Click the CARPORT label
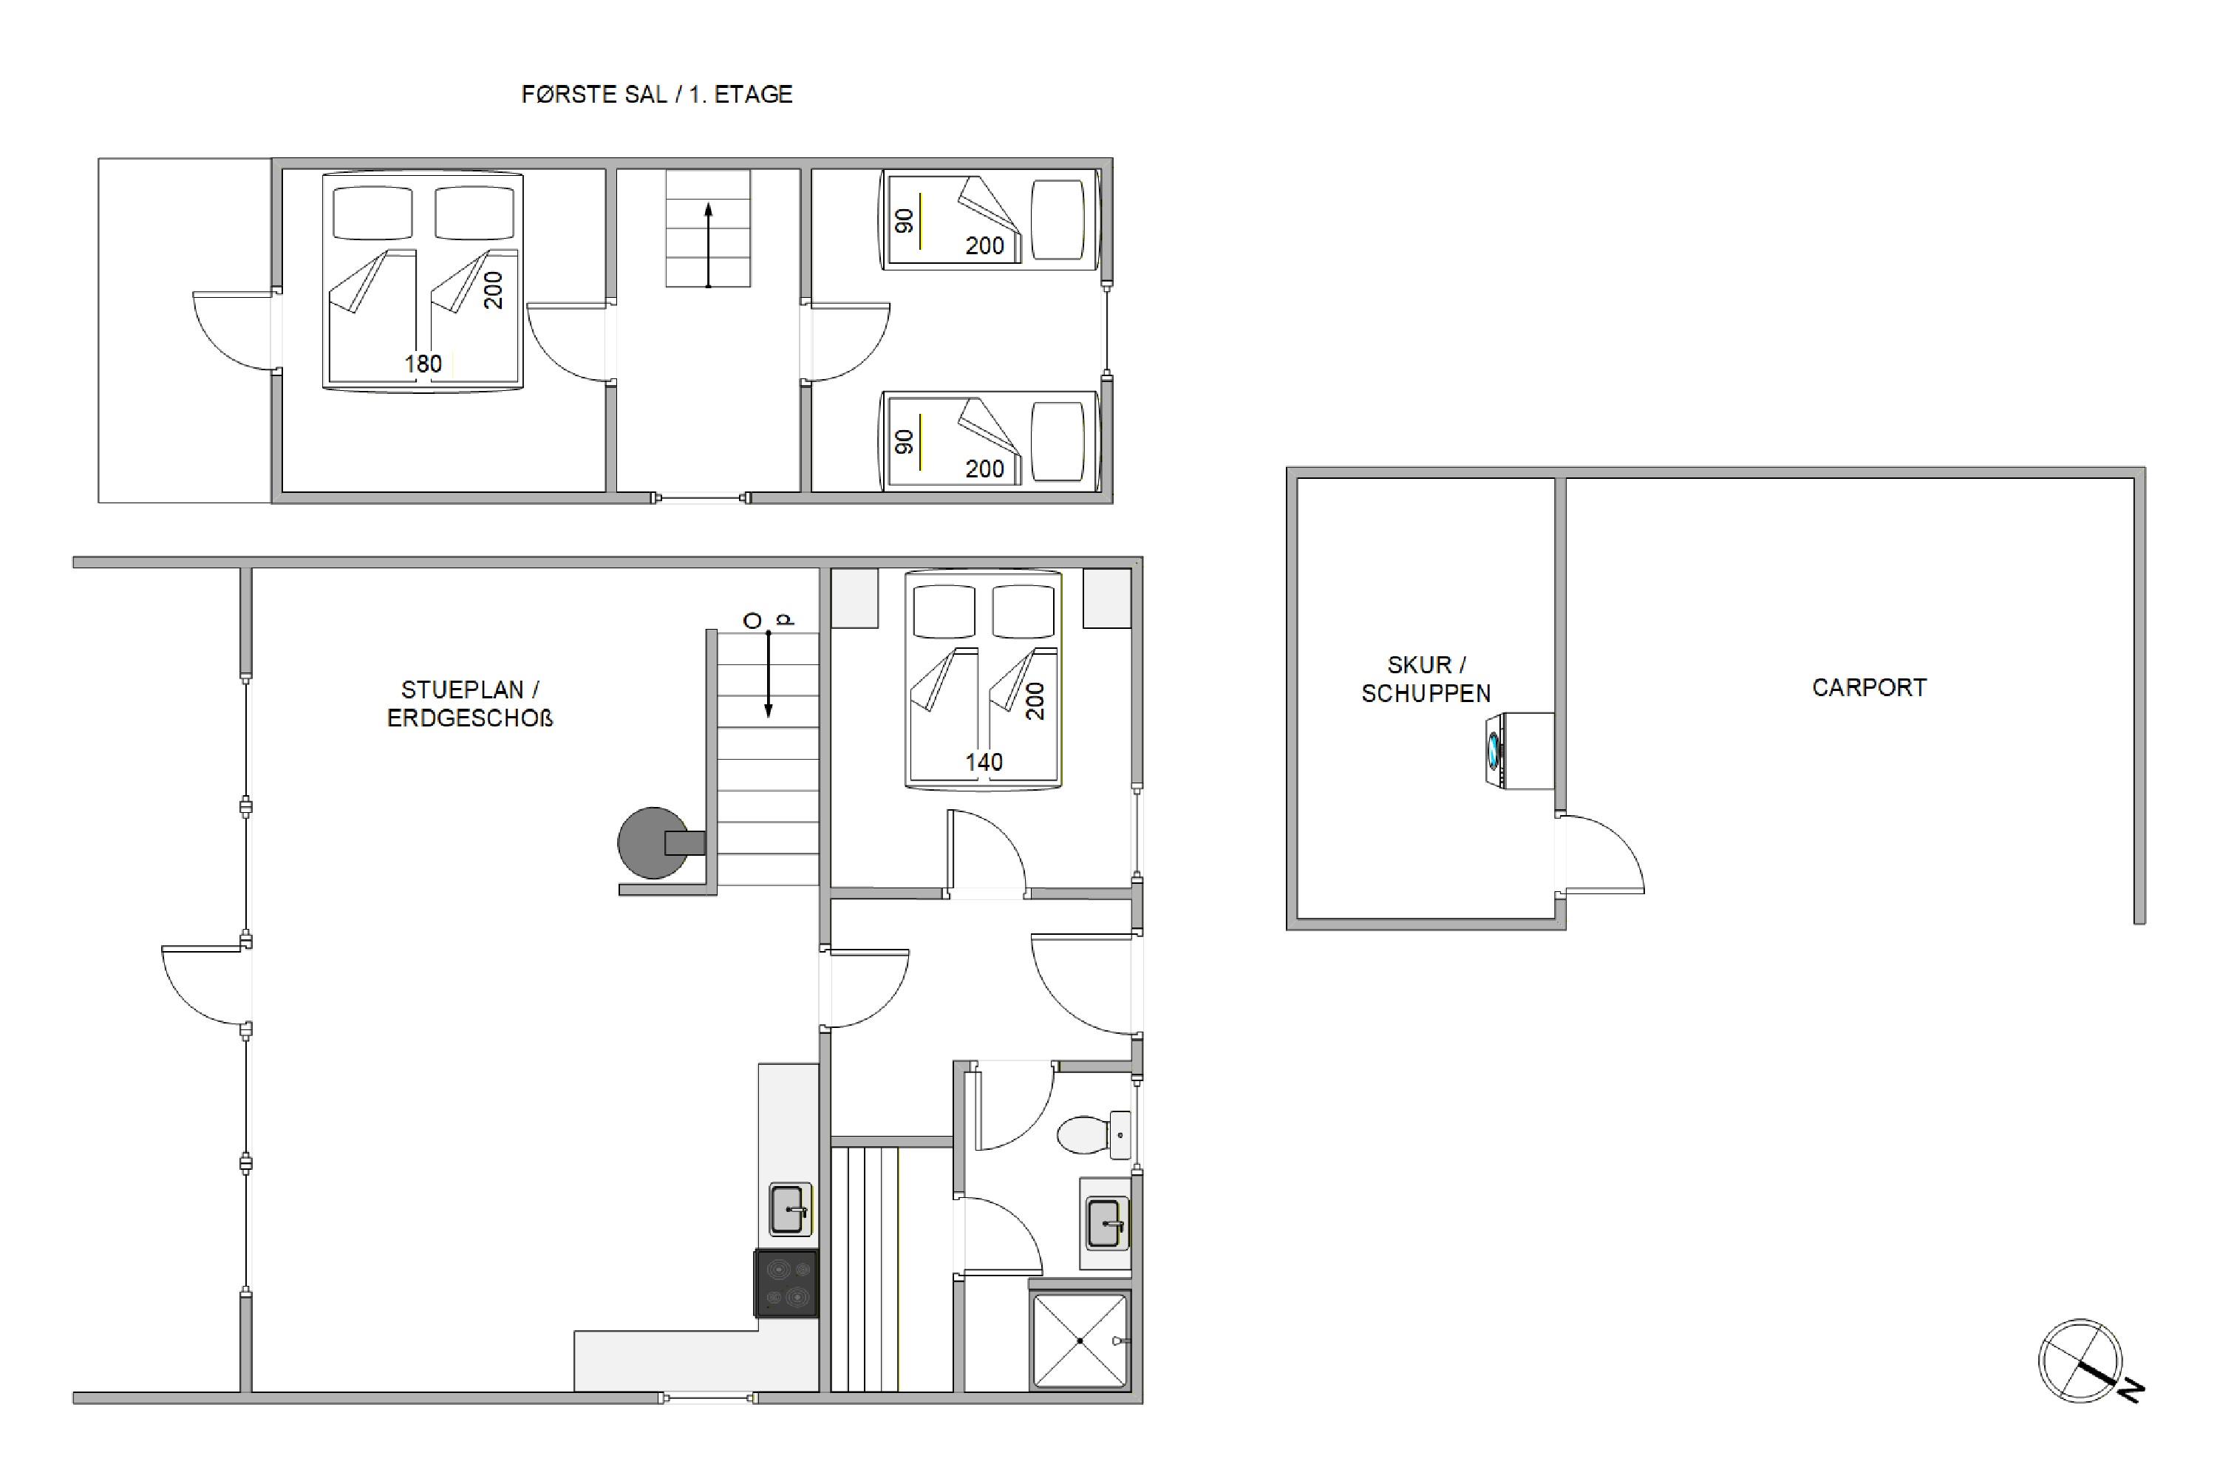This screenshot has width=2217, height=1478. [1868, 687]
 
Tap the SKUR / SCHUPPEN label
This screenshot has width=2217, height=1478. [1426, 678]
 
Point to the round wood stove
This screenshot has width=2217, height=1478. [653, 842]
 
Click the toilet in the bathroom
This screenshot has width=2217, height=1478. [1094, 1133]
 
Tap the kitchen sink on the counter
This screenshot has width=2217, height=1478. [790, 1208]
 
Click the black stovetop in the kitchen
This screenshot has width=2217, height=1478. [786, 1283]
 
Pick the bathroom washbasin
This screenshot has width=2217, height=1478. [1106, 1224]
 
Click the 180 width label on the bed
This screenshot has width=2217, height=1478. [423, 364]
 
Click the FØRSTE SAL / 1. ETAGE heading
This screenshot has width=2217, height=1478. [657, 95]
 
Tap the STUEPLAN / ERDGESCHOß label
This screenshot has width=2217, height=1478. [469, 704]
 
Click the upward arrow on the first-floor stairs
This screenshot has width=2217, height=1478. [709, 245]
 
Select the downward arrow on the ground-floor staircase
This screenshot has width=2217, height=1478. [769, 673]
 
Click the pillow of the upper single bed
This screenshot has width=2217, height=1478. [1058, 219]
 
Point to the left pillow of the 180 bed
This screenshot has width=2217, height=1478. [372, 213]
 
